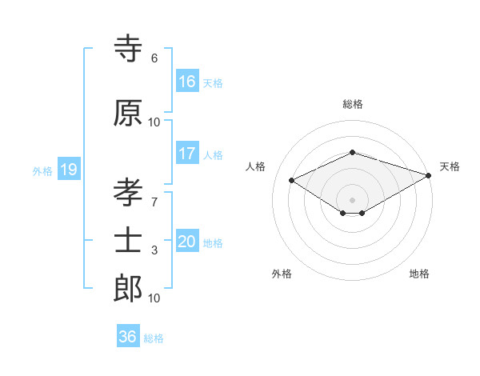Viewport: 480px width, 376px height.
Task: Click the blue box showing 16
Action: (x=187, y=82)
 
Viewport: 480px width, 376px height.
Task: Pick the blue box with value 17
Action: (x=187, y=154)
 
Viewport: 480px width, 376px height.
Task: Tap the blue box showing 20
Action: (x=187, y=242)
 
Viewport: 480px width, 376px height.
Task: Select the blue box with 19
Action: (x=68, y=170)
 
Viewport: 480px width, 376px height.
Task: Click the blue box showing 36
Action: (x=128, y=337)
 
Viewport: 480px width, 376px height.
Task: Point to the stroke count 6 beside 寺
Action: (x=154, y=58)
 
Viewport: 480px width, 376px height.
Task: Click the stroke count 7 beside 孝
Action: (x=154, y=202)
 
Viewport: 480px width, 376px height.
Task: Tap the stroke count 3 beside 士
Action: (x=154, y=250)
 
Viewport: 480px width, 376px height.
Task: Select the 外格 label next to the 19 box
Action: (x=42, y=170)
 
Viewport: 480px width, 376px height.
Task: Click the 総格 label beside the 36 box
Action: (x=154, y=338)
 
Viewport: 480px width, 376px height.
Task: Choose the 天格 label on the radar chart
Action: (x=450, y=166)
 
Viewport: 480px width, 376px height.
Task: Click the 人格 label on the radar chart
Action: (x=256, y=166)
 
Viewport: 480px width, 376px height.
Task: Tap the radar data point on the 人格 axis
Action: (x=292, y=180)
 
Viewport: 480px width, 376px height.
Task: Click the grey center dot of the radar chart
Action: (x=352, y=199)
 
